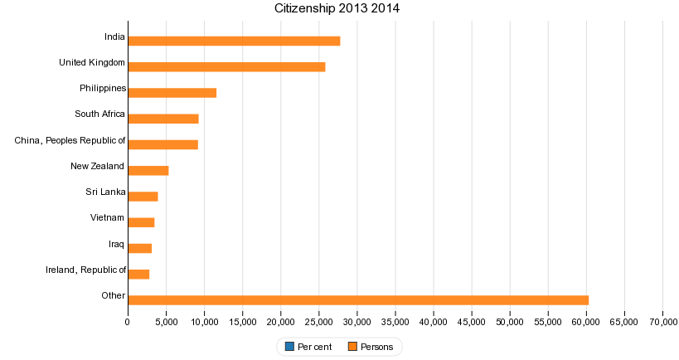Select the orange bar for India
pos(234,41)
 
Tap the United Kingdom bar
pos(226,66)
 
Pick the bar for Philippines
pos(172,93)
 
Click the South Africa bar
pos(163,119)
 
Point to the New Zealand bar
pos(148,171)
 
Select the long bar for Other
pos(358,300)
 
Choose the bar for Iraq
pos(140,248)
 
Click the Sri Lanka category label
pos(105,192)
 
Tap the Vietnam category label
pos(108,218)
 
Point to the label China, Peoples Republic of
pos(70,140)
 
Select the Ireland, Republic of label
pos(86,270)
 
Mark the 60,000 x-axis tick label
pos(586,321)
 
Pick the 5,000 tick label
pos(166,321)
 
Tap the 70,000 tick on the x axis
pos(662,321)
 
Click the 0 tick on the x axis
pos(128,321)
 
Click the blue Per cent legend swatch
pos(289,347)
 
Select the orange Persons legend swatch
pos(353,347)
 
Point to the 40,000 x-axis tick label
pos(434,321)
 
